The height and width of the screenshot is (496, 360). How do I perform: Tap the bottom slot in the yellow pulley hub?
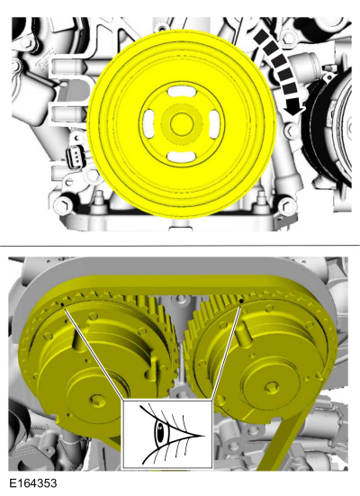pos(181,157)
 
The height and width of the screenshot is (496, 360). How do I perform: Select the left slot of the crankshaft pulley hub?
pos(149,124)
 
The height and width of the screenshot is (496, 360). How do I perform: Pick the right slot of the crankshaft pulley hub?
pos(214,123)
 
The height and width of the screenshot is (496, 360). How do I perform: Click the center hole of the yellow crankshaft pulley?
pos(182,123)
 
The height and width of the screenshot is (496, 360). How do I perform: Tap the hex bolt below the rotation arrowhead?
pos(291,131)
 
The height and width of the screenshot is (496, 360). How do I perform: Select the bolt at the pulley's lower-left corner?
pos(64,205)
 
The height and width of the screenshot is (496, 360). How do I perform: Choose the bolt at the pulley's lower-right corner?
pos(287,206)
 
